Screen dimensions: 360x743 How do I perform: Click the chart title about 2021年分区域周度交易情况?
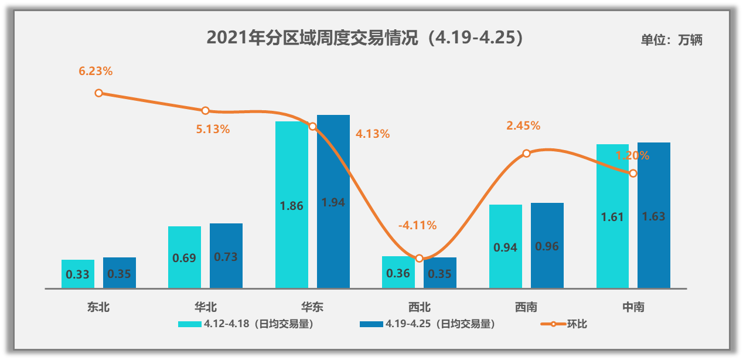coord(364,38)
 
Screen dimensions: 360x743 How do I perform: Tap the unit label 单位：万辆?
coord(671,40)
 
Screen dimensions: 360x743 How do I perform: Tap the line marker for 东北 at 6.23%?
coord(99,93)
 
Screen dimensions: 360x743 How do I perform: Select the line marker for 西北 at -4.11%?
coord(419,258)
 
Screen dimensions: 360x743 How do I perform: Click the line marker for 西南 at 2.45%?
coord(526,153)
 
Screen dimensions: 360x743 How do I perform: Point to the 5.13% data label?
coord(213,130)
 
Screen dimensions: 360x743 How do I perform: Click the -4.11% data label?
coord(417,225)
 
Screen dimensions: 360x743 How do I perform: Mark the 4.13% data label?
coord(373,134)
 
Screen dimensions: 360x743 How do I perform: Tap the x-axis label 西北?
coord(419,307)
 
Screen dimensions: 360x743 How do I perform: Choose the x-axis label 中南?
coord(633,307)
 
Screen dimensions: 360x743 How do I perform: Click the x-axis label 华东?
coord(312,307)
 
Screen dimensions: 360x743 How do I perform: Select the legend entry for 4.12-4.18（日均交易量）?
coord(246,324)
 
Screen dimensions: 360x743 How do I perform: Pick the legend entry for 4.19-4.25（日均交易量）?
coord(428,324)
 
